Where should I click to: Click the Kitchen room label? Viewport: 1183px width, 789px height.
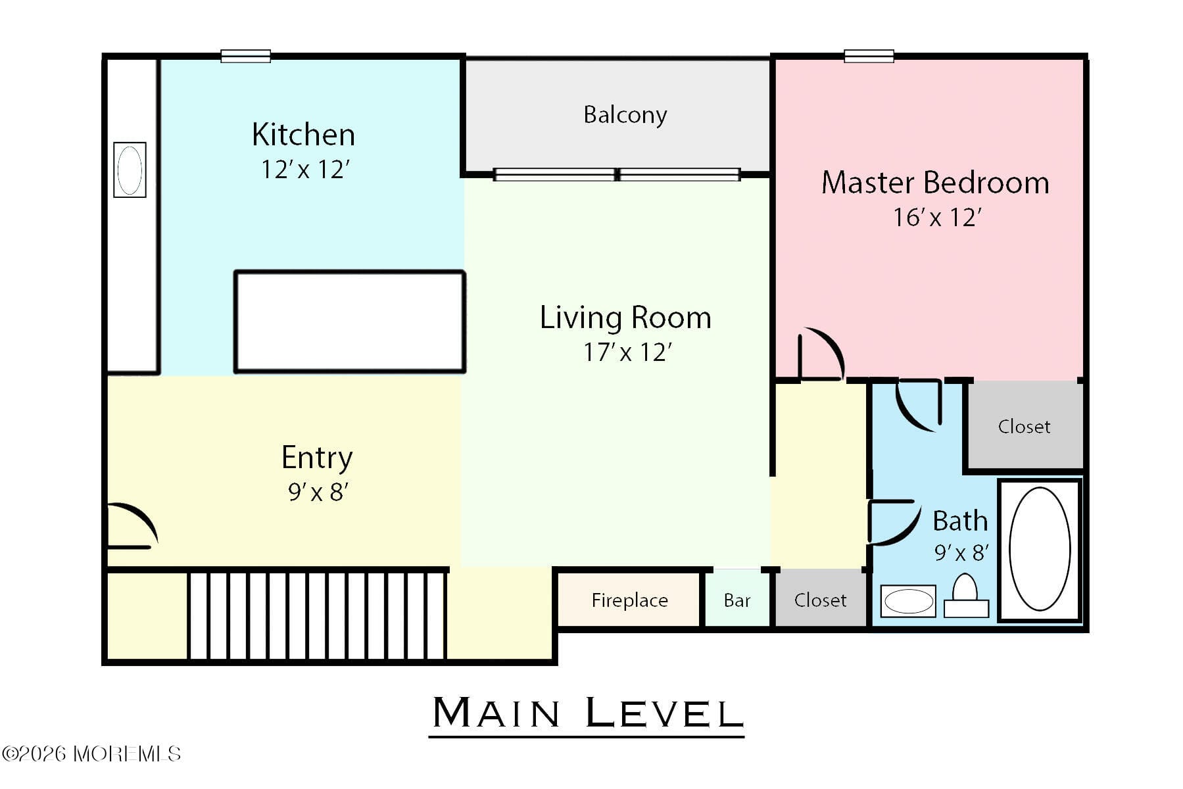tap(303, 135)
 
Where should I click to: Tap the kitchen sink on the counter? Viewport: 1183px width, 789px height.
tap(130, 170)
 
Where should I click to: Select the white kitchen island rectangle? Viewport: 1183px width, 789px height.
tap(349, 322)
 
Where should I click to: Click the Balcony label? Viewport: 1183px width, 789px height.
tap(625, 115)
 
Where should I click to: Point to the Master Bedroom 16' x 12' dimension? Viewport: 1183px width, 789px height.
tap(936, 218)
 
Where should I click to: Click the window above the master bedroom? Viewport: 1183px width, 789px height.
tap(868, 56)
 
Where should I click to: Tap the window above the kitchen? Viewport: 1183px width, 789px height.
tap(245, 56)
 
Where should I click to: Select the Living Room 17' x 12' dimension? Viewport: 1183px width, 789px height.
tap(627, 352)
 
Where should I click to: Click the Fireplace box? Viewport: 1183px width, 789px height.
tap(629, 600)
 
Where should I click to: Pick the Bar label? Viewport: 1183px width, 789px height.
tap(736, 600)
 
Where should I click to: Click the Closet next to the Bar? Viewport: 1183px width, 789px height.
tap(820, 600)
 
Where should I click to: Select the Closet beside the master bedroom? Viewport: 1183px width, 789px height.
tap(1023, 427)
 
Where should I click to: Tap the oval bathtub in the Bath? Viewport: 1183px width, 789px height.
tap(1039, 549)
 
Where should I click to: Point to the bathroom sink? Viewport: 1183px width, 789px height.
tap(908, 601)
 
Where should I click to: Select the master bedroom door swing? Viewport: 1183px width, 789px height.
tap(820, 355)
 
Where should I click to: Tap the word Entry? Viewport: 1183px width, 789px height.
tap(317, 458)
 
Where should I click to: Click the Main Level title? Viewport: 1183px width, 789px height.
tap(587, 713)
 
